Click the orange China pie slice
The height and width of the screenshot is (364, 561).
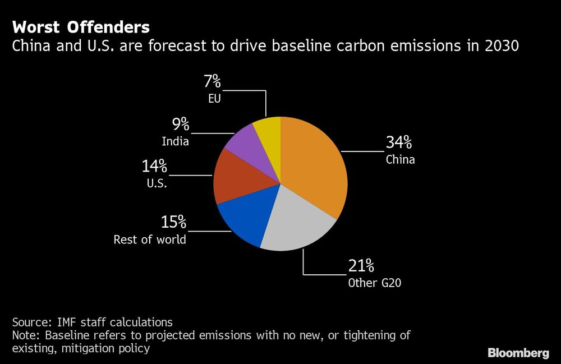click(314, 168)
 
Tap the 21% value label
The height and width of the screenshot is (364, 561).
click(362, 265)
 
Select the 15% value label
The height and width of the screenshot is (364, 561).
click(173, 223)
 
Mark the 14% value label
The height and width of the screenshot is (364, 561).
click(154, 166)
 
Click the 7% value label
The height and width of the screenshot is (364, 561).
click(212, 82)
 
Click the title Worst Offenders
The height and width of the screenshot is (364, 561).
click(81, 27)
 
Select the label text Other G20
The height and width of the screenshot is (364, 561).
click(374, 283)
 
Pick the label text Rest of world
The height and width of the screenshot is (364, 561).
click(150, 240)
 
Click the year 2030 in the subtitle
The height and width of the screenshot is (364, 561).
click(501, 46)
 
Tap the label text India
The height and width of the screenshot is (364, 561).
click(175, 141)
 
